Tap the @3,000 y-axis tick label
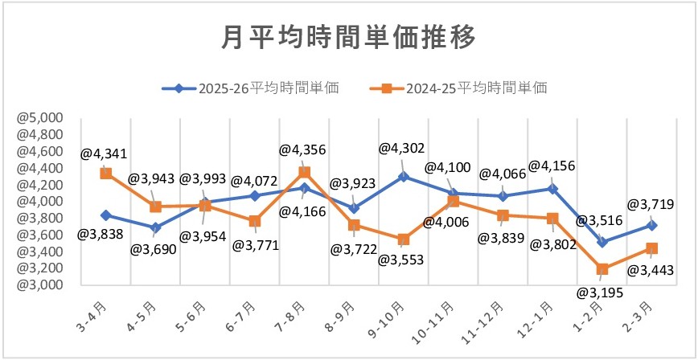click(40, 285)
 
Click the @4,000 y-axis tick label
click(40, 201)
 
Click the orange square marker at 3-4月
click(105, 173)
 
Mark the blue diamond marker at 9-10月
click(403, 176)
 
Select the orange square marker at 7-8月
click(304, 172)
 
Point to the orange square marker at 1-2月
click(602, 269)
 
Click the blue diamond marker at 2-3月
click(651, 225)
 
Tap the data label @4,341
click(104, 153)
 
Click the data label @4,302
click(402, 147)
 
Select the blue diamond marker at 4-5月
click(155, 227)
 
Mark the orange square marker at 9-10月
click(403, 239)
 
